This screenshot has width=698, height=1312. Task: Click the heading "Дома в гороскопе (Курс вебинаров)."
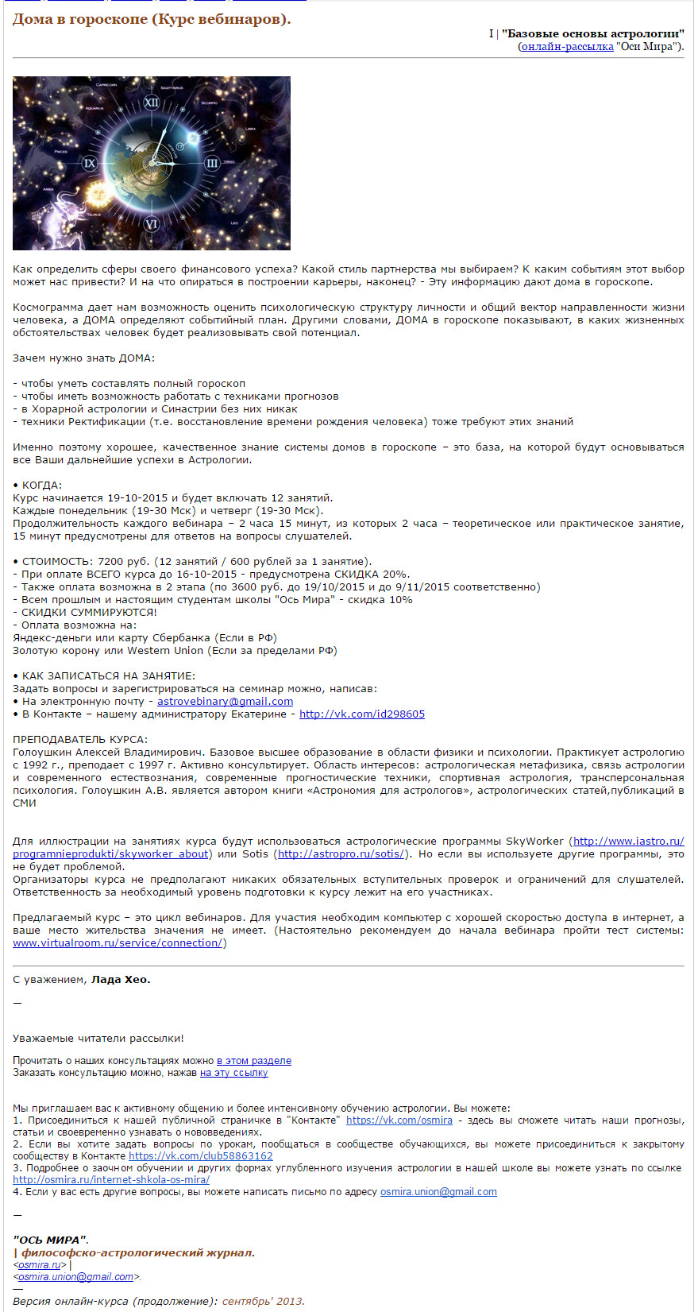point(151,19)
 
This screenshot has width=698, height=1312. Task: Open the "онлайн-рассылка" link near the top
point(567,47)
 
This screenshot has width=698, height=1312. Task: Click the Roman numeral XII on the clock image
point(152,103)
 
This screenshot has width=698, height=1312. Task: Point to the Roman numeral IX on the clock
point(90,163)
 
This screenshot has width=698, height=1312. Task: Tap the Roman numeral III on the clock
point(212,163)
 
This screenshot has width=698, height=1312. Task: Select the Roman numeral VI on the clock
point(152,225)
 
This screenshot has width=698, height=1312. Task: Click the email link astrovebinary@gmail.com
point(225,702)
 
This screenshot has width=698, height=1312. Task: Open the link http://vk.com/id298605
point(361,714)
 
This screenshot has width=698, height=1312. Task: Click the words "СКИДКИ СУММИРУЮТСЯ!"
point(89,613)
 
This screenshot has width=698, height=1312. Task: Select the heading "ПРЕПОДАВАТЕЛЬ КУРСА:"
point(80,740)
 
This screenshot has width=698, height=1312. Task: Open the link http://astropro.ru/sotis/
point(341,854)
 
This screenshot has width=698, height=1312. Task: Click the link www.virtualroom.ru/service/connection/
point(118,943)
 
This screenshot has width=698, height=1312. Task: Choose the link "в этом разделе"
point(253,1061)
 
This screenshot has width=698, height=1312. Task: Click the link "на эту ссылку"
point(233,1073)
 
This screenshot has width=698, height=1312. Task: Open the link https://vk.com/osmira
point(399,1120)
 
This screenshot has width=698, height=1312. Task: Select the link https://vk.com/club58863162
point(200,1156)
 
